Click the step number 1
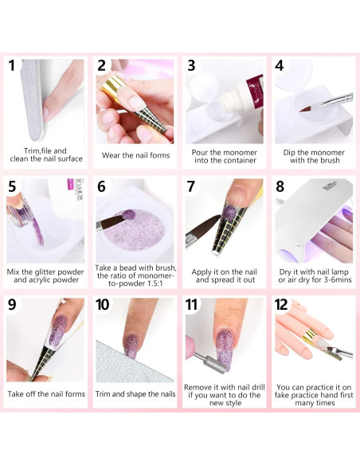pos(12,66)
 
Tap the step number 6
pos(102,186)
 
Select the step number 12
pos(283,306)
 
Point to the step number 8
pos(280,186)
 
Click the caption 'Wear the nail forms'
pos(135,155)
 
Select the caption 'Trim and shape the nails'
pos(135,393)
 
